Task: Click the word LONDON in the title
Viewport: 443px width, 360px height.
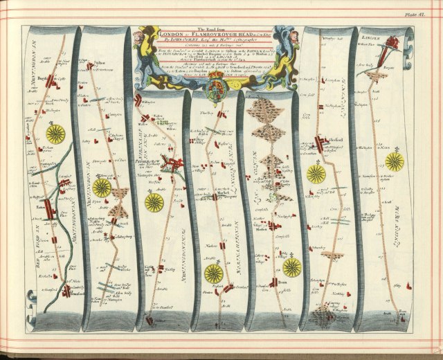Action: tap(170, 33)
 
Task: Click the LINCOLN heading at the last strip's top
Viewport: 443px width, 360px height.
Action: tap(374, 32)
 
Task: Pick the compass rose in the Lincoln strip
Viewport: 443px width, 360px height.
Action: tap(395, 161)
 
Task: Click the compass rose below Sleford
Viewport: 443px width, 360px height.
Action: tap(316, 173)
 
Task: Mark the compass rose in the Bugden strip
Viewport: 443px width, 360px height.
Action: tap(55, 132)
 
